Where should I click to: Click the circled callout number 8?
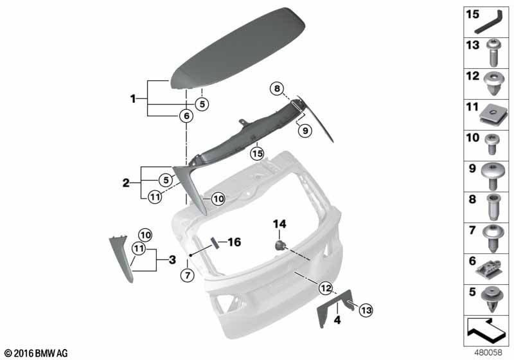tap(278, 89)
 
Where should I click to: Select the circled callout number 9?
tap(305, 130)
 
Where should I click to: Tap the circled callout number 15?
tap(258, 154)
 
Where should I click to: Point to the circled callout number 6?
tap(186, 116)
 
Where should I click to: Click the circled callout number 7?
tap(188, 274)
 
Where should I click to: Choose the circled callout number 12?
tap(326, 288)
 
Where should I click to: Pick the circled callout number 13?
tap(366, 310)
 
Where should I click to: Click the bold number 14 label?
tap(279, 224)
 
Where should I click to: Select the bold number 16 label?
tap(235, 242)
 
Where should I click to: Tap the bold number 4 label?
tap(337, 319)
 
